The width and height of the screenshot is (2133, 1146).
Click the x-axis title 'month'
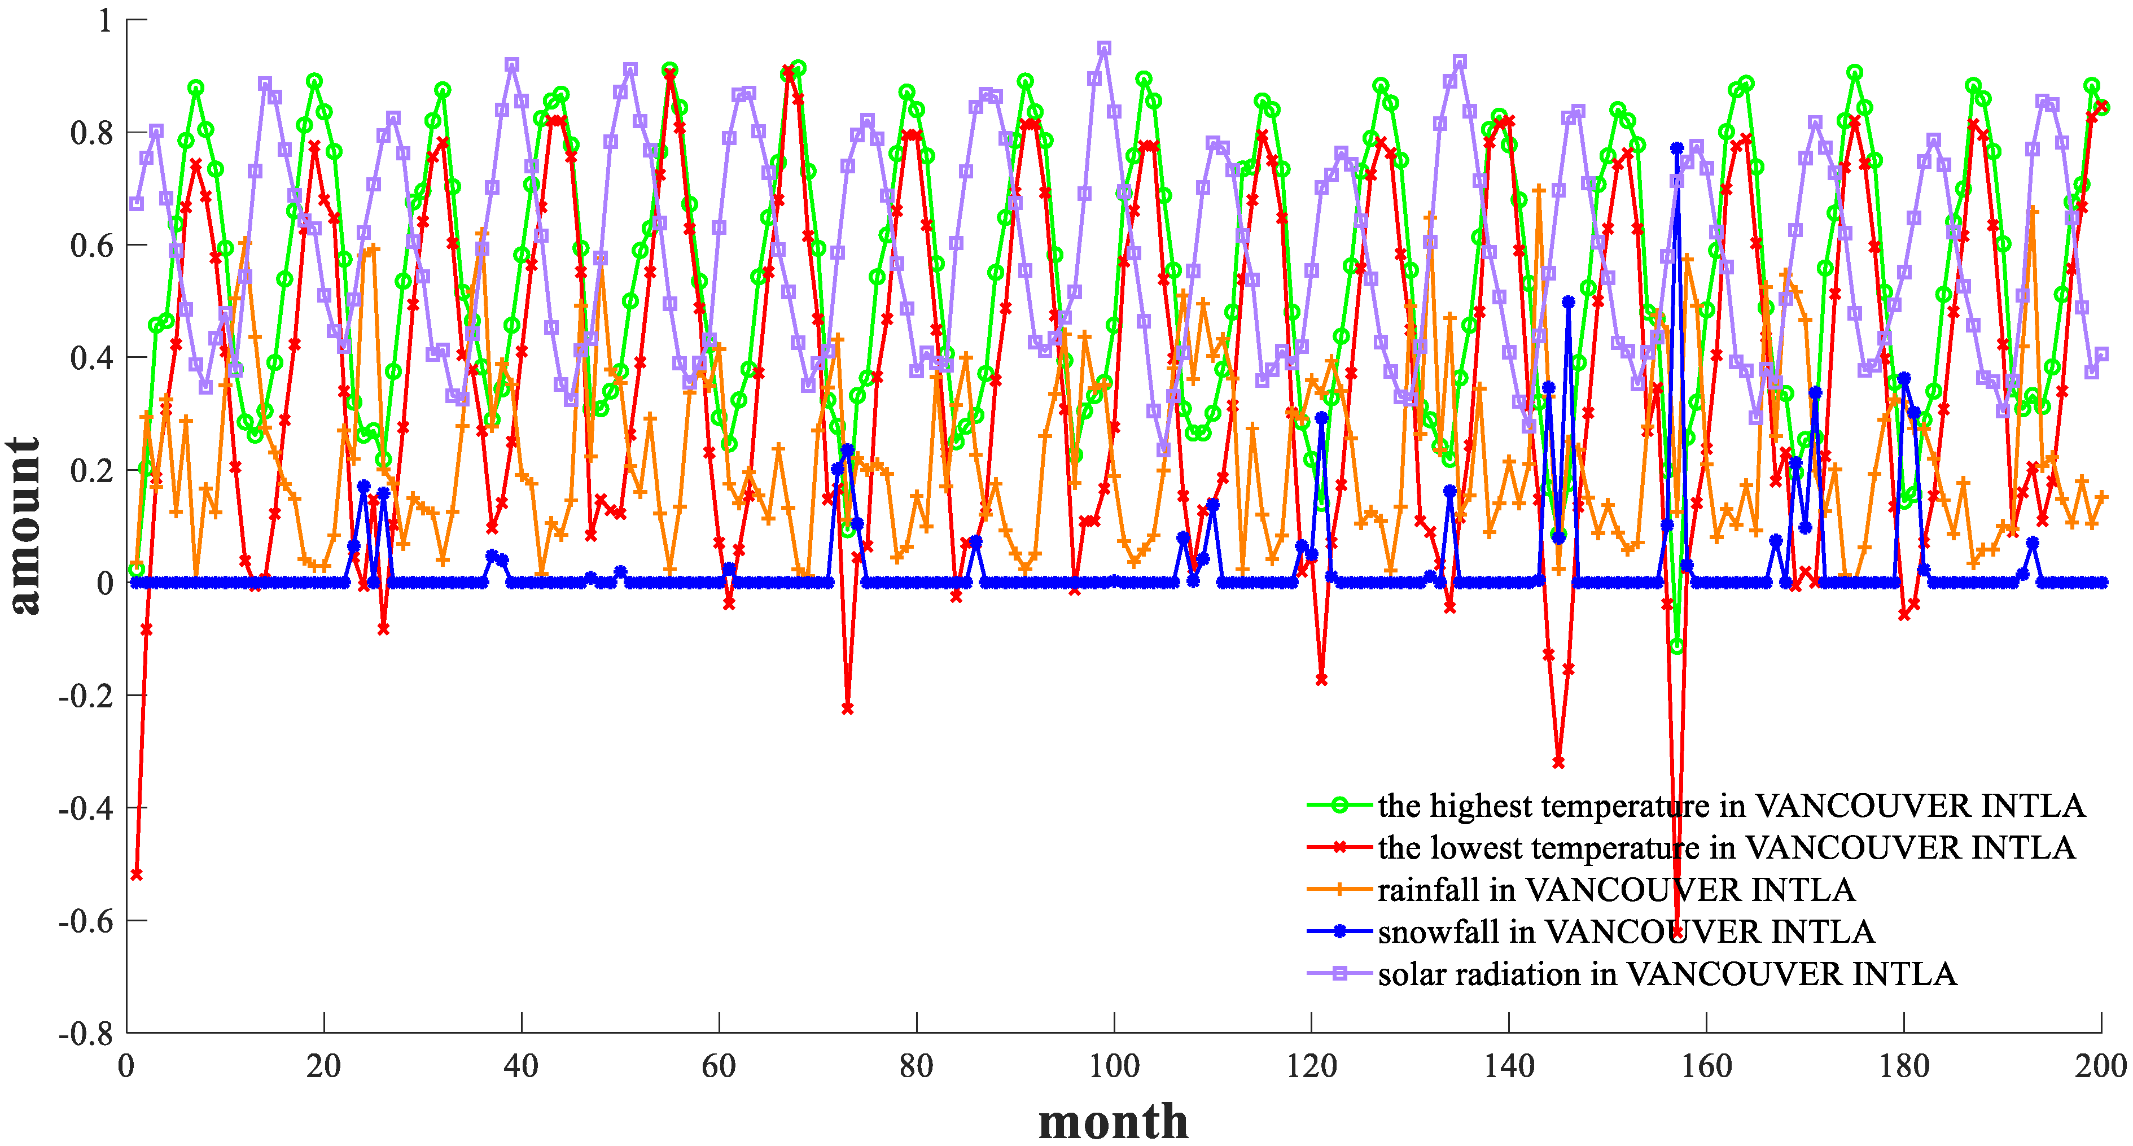pyautogui.click(x=1113, y=1121)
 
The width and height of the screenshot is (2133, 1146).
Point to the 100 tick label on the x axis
pyautogui.click(x=1114, y=1066)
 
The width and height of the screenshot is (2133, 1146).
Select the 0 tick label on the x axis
pyautogui.click(x=126, y=1066)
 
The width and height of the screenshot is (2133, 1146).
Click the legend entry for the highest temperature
pyautogui.click(x=1731, y=806)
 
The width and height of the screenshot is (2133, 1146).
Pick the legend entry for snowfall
pyautogui.click(x=1626, y=933)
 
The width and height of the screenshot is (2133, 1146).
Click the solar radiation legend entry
pyautogui.click(x=1667, y=974)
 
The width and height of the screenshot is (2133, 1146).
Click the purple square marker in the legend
pyautogui.click(x=1340, y=974)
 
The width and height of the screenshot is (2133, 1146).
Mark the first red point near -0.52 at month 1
pyautogui.click(x=137, y=874)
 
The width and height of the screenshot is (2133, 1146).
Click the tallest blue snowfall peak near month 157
pyautogui.click(x=1677, y=148)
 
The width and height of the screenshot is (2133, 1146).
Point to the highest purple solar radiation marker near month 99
pyautogui.click(x=1104, y=48)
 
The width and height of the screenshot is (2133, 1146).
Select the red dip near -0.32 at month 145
pyautogui.click(x=1558, y=762)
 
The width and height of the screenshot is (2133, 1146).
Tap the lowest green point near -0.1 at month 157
pyautogui.click(x=1677, y=646)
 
